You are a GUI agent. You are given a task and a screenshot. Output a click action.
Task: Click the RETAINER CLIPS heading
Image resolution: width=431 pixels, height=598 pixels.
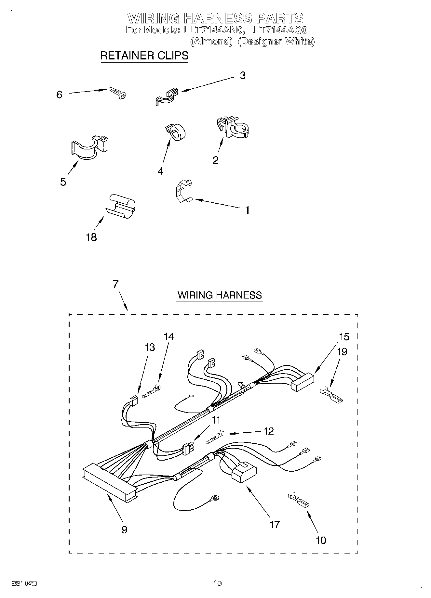click(x=144, y=56)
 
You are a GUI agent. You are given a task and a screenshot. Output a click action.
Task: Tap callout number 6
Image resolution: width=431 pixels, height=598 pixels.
click(x=59, y=95)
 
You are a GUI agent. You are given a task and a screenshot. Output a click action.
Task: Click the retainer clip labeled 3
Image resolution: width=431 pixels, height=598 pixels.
click(x=166, y=97)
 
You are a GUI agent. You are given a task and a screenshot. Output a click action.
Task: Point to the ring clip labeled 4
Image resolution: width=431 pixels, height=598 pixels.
click(x=176, y=132)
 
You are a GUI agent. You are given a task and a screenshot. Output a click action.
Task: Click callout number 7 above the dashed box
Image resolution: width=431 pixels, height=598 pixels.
click(x=115, y=285)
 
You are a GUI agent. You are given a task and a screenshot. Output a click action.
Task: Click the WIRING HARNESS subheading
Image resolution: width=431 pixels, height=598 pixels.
click(x=220, y=295)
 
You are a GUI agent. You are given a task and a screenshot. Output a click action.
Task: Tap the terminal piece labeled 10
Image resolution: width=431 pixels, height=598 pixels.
click(x=298, y=501)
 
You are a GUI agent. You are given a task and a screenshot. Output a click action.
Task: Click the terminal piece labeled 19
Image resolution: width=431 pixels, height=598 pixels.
click(x=332, y=394)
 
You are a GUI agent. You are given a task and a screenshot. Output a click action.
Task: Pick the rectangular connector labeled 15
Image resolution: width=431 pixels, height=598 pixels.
click(x=303, y=381)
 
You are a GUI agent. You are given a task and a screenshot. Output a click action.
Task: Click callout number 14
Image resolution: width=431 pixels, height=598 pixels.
click(x=168, y=337)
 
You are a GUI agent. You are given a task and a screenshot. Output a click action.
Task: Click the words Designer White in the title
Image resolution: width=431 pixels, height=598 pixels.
click(x=276, y=41)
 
